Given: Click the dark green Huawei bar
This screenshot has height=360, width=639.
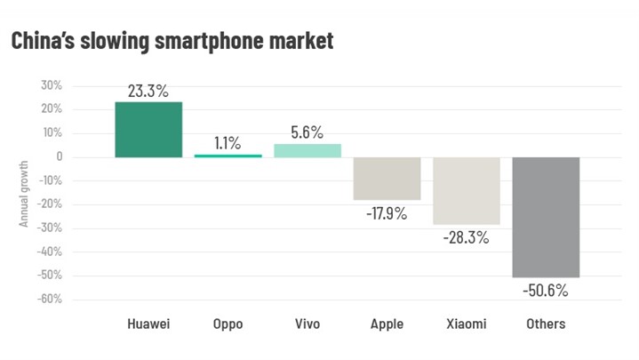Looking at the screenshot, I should click(x=148, y=130).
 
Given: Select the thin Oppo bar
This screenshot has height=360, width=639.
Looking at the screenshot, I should click(x=228, y=156).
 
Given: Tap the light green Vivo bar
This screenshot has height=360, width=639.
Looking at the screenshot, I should click(x=308, y=150).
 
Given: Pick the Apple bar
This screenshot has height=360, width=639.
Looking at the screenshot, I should click(x=387, y=178).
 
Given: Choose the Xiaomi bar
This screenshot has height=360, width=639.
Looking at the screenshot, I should click(x=467, y=190).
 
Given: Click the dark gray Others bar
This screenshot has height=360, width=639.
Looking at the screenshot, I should click(x=546, y=217).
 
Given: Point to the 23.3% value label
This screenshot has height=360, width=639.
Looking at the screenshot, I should click(x=148, y=90).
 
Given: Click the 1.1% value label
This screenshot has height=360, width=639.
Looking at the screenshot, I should click(x=228, y=142).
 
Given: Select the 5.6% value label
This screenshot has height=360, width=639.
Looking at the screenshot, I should click(x=308, y=132).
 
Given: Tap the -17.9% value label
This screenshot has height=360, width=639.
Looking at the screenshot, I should click(x=387, y=213).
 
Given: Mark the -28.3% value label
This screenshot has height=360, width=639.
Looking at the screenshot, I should click(x=467, y=237).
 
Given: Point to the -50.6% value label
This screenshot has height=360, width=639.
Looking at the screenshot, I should click(x=546, y=291).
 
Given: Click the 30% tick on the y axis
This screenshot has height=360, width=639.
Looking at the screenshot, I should click(x=50, y=86).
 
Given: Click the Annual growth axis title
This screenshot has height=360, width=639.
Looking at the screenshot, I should click(x=24, y=193).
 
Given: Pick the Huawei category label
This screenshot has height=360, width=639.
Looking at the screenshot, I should click(x=148, y=324).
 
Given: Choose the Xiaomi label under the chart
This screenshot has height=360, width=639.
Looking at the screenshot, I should click(x=467, y=324).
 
